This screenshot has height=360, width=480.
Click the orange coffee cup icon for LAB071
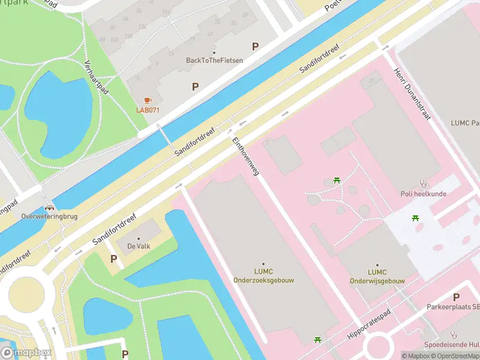click(x=148, y=100)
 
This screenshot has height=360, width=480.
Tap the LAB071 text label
click(x=148, y=110)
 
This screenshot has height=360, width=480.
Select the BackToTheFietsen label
click(x=214, y=60)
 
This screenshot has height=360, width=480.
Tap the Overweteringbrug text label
click(x=41, y=215)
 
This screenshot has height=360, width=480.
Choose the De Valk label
click(x=139, y=245)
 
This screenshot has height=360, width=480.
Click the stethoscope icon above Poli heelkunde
click(x=423, y=184)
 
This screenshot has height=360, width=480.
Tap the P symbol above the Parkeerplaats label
click(x=456, y=297)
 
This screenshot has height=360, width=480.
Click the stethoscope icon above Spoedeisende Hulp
click(x=454, y=335)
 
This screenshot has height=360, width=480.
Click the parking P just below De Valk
click(x=113, y=259)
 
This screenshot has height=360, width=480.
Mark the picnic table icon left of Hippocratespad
click(x=318, y=340)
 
